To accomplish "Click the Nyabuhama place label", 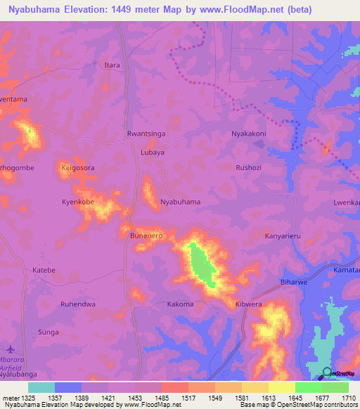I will click(x=181, y=202).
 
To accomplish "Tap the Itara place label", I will click(x=112, y=65).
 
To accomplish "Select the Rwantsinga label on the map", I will click(x=146, y=133).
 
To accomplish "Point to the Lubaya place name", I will click(x=153, y=152).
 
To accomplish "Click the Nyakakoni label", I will click(x=249, y=133).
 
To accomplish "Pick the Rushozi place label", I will click(x=249, y=168).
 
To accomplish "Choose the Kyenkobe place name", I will click(x=77, y=202).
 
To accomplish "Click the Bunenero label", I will click(x=146, y=236).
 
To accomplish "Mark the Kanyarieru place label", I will click(x=282, y=236).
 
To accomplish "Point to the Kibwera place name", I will click(x=248, y=304).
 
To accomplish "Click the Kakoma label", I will click(x=180, y=304).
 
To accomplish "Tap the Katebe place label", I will click(x=44, y=270).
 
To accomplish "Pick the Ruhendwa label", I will click(x=77, y=304).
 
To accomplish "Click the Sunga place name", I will click(x=48, y=332).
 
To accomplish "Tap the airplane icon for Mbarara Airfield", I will click(x=10, y=349).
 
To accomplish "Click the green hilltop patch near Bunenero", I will click(x=202, y=264).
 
